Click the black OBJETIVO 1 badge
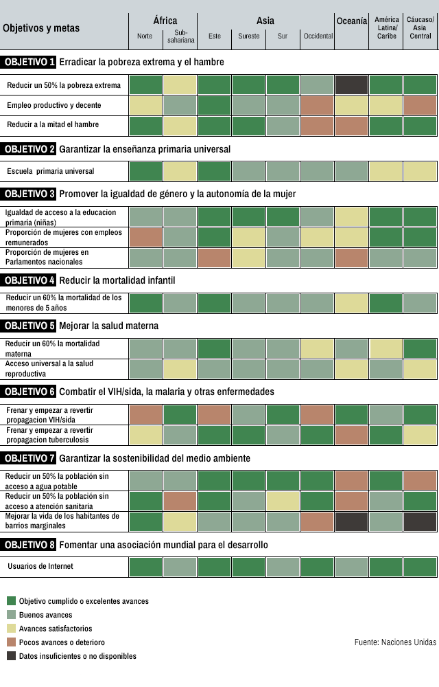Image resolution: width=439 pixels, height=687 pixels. pyautogui.click(x=29, y=62)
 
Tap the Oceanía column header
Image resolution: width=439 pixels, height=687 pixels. pyautogui.click(x=352, y=21)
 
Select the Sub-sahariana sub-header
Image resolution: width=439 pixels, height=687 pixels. pyautogui.click(x=180, y=36)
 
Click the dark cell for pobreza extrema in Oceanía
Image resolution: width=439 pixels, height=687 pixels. pyautogui.click(x=352, y=85)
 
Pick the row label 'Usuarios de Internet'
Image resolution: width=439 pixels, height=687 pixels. pyautogui.click(x=40, y=567)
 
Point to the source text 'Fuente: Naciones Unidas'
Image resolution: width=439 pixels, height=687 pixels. pyautogui.click(x=395, y=642)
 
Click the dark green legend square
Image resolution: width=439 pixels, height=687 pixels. pyautogui.click(x=11, y=601)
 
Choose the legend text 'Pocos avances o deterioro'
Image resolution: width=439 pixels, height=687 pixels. pyautogui.click(x=60, y=642)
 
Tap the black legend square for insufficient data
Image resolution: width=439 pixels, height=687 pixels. pyautogui.click(x=11, y=656)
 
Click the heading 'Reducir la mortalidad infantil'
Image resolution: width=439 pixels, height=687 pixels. pyautogui.click(x=117, y=280)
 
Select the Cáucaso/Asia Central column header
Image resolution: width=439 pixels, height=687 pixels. pyautogui.click(x=420, y=27)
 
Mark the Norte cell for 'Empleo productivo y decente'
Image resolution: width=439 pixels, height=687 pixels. pyautogui.click(x=145, y=105)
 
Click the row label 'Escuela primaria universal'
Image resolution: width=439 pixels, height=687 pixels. pyautogui.click(x=50, y=171)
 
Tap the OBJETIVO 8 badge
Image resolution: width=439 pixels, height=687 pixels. pyautogui.click(x=29, y=545)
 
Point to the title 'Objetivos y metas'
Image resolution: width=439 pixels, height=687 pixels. pyautogui.click(x=41, y=28)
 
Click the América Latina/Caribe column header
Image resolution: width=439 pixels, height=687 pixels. pyautogui.click(x=386, y=27)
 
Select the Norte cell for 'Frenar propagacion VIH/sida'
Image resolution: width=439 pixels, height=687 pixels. pyautogui.click(x=145, y=414)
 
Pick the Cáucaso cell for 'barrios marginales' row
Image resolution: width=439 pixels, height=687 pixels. pyautogui.click(x=420, y=520)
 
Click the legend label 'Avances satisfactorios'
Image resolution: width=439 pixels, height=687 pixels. pyautogui.click(x=56, y=629)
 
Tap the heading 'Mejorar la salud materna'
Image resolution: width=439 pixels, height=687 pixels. pyautogui.click(x=108, y=326)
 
